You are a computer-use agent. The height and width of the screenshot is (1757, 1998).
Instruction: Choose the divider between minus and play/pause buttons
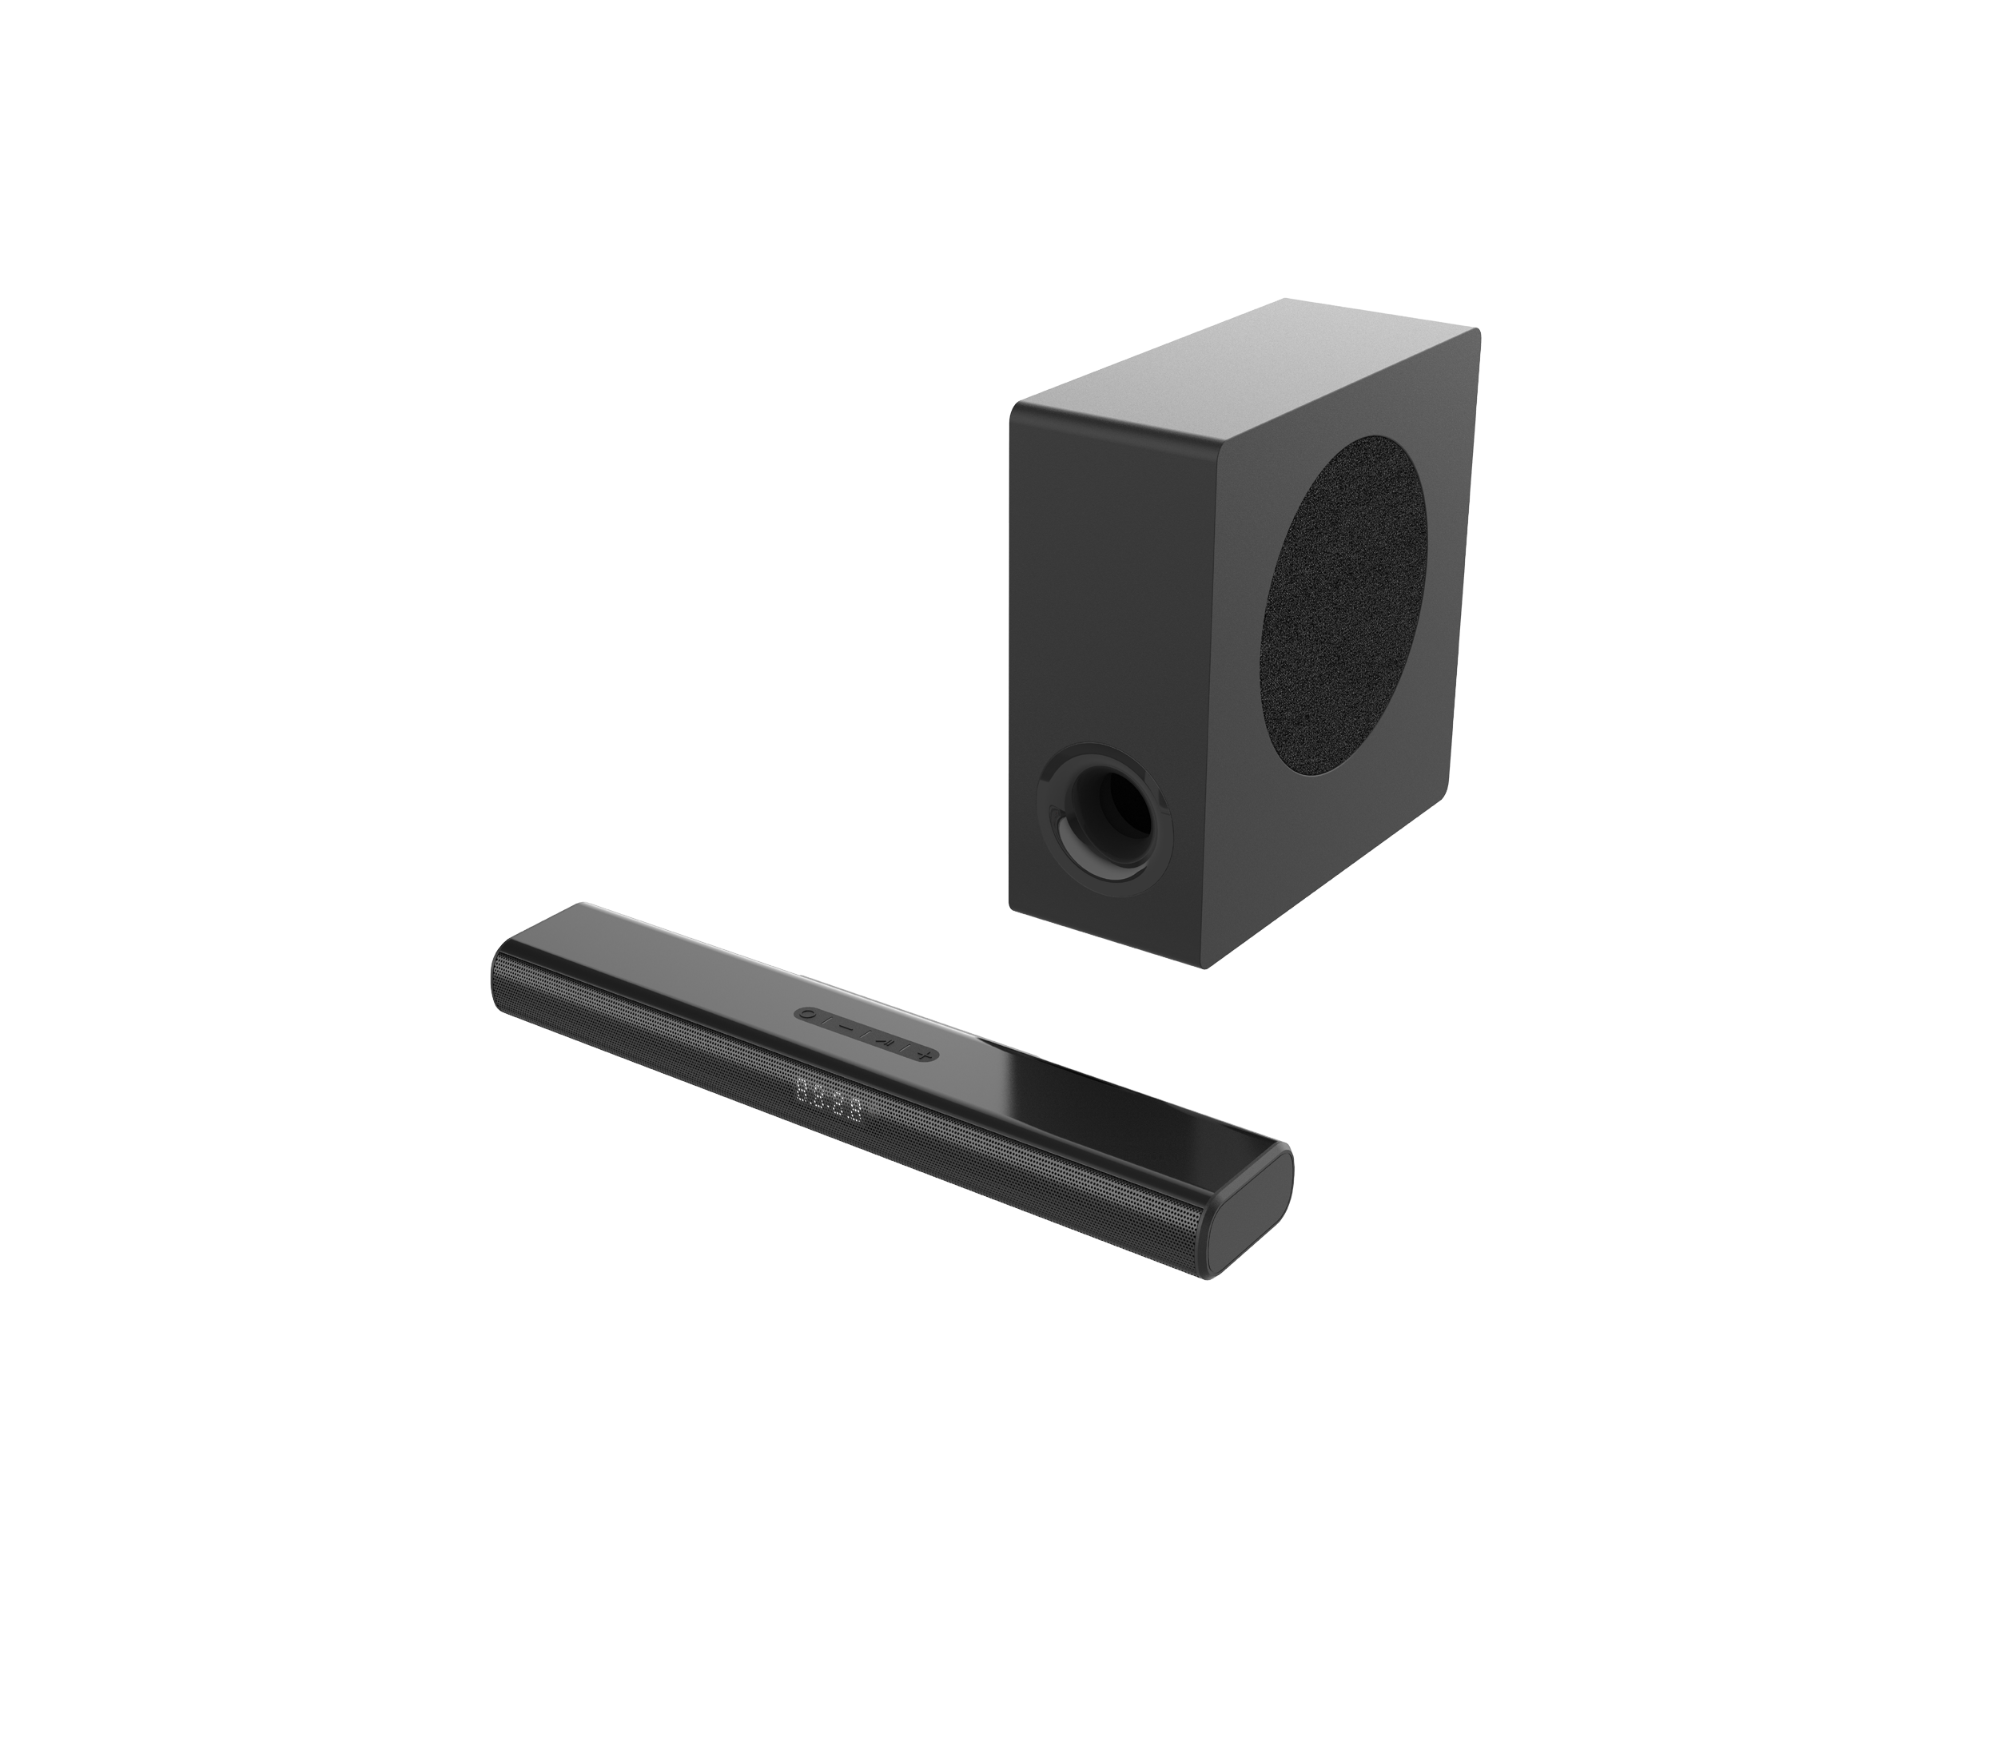[x=864, y=1035]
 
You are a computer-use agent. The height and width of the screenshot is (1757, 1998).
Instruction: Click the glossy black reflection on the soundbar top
[x=1095, y=1095]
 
